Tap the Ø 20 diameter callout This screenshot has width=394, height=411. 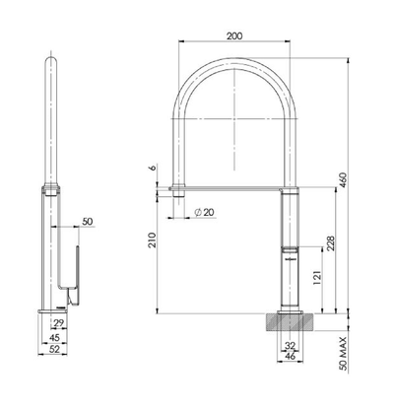click(205, 213)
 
